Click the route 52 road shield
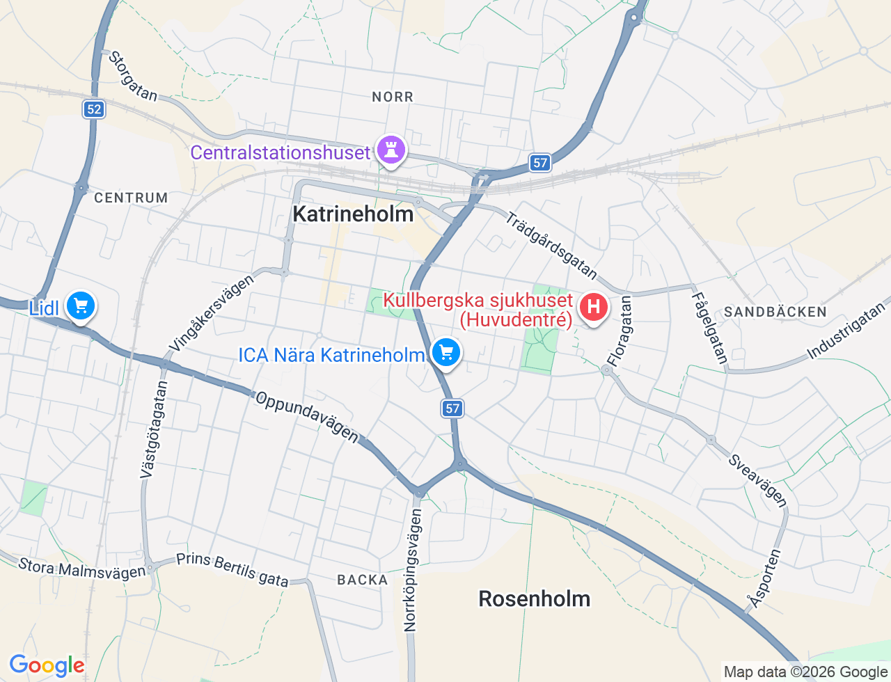pyautogui.click(x=94, y=109)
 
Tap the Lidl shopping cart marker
pyautogui.click(x=81, y=306)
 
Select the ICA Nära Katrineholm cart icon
pyautogui.click(x=446, y=353)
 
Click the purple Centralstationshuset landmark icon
pyautogui.click(x=391, y=149)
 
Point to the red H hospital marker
pyautogui.click(x=593, y=307)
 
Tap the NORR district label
pyautogui.click(x=393, y=97)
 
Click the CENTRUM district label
pyautogui.click(x=131, y=198)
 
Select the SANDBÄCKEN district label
pyautogui.click(x=775, y=312)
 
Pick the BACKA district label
pyautogui.click(x=362, y=580)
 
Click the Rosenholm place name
pyautogui.click(x=534, y=599)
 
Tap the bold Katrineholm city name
pyautogui.click(x=353, y=214)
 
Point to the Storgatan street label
pyautogui.click(x=132, y=76)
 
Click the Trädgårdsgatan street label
pyautogui.click(x=551, y=245)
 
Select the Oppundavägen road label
pyautogui.click(x=307, y=417)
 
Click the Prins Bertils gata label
pyautogui.click(x=232, y=569)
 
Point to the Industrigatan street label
pyautogui.click(x=847, y=331)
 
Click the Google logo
pyautogui.click(x=47, y=666)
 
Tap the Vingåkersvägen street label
pyautogui.click(x=212, y=314)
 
